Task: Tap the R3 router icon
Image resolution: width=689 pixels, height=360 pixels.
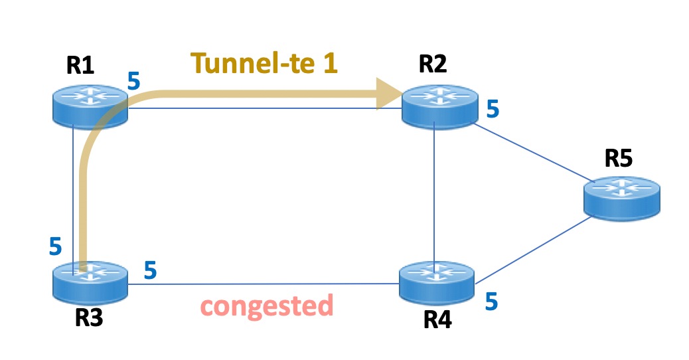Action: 90,279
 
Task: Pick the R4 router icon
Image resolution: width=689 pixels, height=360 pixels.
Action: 437,279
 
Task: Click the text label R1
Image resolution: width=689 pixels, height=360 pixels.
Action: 80,65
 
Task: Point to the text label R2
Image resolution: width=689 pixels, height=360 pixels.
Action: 433,65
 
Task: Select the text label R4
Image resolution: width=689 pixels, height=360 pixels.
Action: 437,321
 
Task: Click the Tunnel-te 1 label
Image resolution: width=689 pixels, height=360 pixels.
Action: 266,63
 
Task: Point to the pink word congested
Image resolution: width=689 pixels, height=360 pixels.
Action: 266,306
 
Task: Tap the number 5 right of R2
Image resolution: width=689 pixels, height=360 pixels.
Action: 493,109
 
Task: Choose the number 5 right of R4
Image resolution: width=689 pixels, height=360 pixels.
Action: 491,301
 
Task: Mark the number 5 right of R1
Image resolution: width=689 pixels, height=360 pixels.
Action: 134,82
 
